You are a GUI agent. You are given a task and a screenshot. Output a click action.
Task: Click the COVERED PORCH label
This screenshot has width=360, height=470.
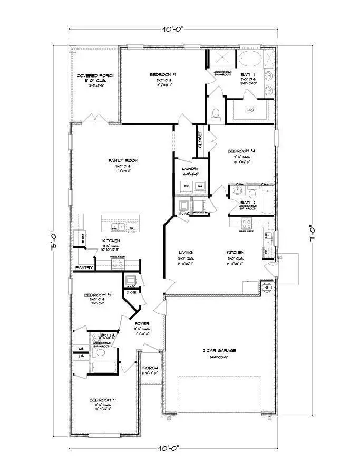click(x=96, y=76)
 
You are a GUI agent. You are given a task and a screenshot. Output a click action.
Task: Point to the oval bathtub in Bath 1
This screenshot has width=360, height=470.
click(x=249, y=58)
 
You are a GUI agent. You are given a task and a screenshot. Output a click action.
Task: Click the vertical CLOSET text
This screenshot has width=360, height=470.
click(x=200, y=140)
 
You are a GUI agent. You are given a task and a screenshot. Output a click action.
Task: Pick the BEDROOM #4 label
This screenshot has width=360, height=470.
click(x=245, y=151)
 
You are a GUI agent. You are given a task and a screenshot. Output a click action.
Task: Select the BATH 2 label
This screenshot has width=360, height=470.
click(x=247, y=202)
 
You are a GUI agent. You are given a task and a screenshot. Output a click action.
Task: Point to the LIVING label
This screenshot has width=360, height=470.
click(x=186, y=253)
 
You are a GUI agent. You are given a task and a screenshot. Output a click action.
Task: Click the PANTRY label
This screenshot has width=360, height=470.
click(x=84, y=268)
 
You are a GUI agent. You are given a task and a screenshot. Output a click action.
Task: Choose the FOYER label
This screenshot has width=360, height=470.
click(x=142, y=323)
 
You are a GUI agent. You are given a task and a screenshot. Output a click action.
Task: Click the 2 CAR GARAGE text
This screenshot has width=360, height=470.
click(x=220, y=350)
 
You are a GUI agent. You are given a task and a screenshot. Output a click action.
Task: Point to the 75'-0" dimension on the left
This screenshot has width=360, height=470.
click(x=54, y=242)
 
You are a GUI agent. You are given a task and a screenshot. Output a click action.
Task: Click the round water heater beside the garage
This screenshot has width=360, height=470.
click(x=266, y=288)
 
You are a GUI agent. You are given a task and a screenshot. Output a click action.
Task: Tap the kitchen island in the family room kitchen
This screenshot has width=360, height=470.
click(x=121, y=224)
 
